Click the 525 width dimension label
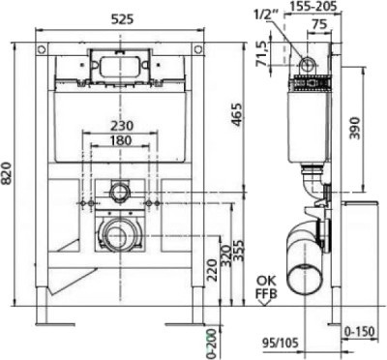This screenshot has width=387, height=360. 122,19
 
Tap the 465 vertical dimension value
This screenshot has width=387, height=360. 236,114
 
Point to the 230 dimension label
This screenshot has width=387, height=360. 121,125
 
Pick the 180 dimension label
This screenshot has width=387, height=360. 120,140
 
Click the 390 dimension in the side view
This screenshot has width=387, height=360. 354,128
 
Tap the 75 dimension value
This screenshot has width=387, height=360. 320,24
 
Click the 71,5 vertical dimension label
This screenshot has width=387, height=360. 262,54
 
